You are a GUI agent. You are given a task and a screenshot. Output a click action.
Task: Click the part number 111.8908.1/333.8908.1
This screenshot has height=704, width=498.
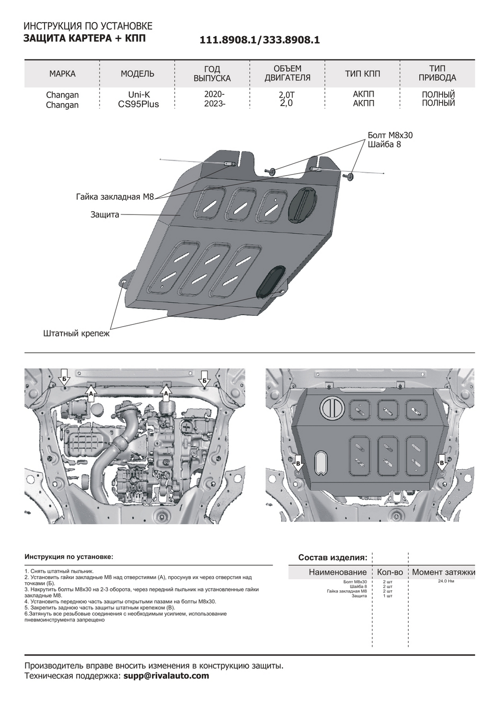click(x=260, y=40)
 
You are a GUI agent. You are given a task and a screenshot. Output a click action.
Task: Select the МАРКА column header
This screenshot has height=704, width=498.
click(x=62, y=74)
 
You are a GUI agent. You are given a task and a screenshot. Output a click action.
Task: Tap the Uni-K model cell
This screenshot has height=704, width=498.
click(x=139, y=94)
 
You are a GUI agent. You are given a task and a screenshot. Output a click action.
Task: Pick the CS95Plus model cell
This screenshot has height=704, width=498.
click(x=138, y=105)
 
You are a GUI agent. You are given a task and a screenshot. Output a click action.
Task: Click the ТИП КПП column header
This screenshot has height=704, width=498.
click(x=362, y=74)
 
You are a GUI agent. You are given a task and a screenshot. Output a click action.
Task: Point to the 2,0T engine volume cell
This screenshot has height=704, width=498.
click(x=286, y=95)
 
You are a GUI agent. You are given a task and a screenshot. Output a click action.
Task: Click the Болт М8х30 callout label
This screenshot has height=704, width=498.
click(x=390, y=135)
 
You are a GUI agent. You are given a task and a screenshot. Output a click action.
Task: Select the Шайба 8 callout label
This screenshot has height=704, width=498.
click(x=384, y=145)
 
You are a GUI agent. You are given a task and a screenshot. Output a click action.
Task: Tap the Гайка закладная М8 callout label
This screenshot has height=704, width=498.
click(x=115, y=197)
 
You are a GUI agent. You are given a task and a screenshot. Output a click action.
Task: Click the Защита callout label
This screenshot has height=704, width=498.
click(x=105, y=214)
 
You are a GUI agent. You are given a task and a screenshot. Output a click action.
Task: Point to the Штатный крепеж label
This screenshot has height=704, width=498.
click(x=76, y=334)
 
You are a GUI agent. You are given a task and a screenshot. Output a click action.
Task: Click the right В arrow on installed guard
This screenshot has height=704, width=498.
click(x=441, y=462)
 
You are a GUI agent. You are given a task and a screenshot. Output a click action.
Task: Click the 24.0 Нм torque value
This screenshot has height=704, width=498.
click(x=446, y=582)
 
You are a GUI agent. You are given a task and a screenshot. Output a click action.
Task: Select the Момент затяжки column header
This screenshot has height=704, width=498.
click(x=443, y=572)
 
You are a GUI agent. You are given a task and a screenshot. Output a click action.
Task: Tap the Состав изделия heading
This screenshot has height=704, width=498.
click(x=333, y=558)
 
